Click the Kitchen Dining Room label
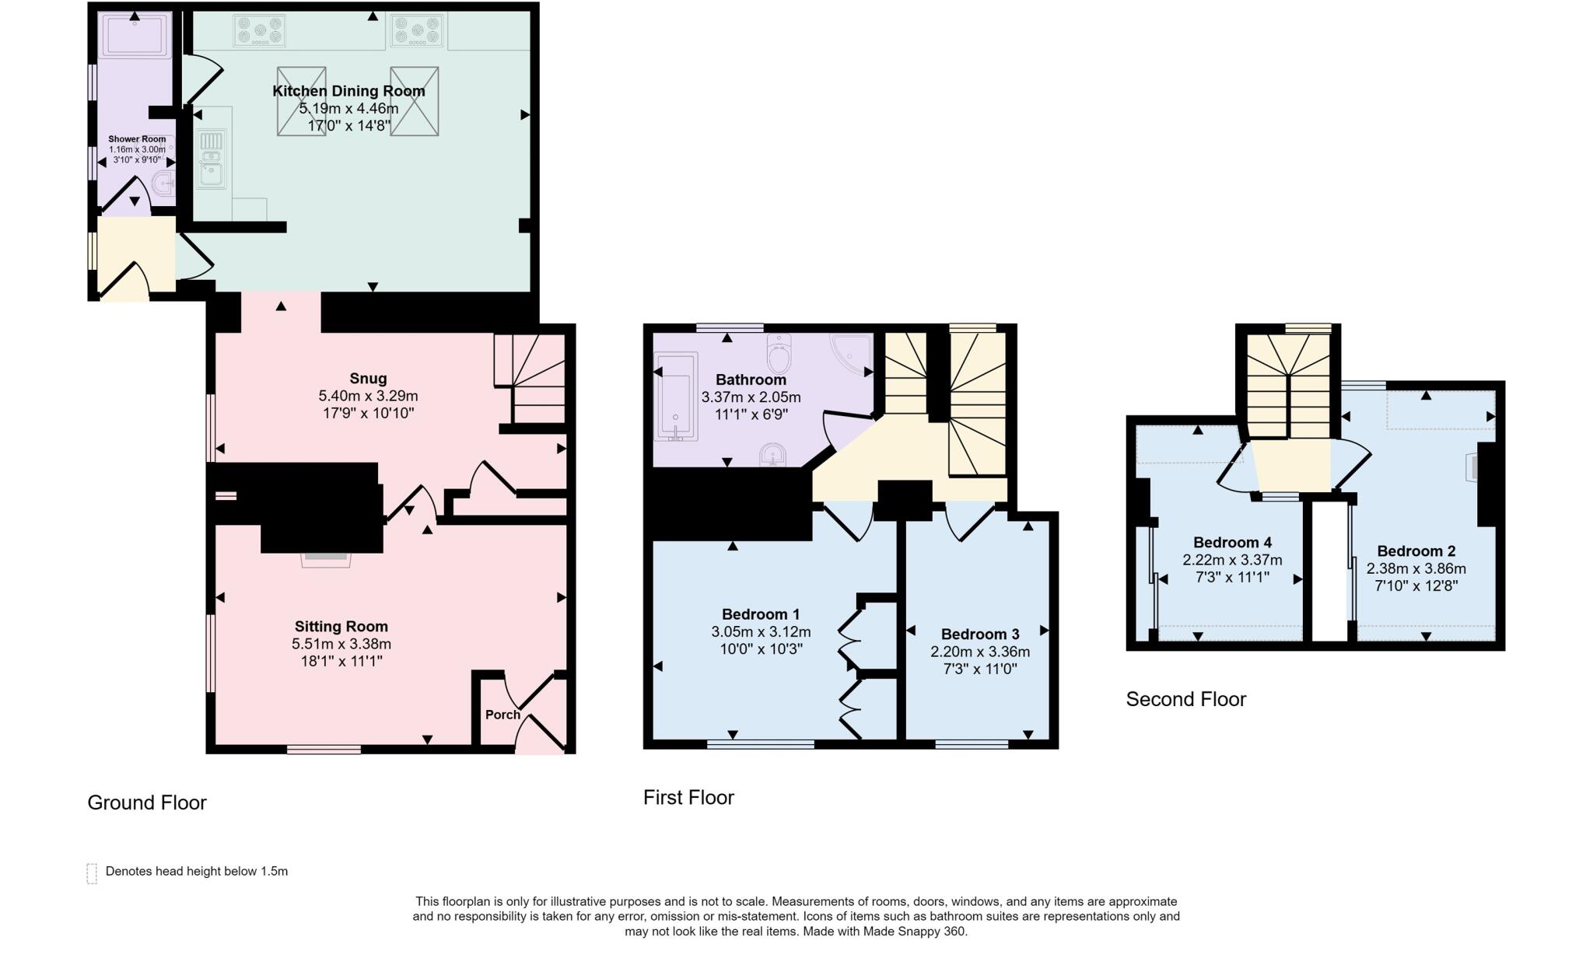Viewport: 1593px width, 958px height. click(x=348, y=91)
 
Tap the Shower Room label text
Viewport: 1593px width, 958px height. click(x=137, y=139)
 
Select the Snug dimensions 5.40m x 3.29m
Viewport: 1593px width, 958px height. click(x=368, y=396)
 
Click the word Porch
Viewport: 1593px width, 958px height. click(x=502, y=715)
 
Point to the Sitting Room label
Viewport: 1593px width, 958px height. click(x=341, y=626)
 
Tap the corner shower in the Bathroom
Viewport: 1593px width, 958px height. click(x=852, y=354)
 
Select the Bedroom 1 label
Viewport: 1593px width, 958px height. click(x=760, y=614)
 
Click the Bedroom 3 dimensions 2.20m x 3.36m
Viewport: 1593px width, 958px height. click(x=980, y=652)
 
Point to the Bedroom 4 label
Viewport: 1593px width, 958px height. click(x=1232, y=542)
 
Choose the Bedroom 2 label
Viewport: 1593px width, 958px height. click(x=1416, y=551)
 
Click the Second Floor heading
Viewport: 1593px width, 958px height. click(x=1185, y=699)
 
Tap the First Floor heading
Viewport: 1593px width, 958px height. click(x=688, y=797)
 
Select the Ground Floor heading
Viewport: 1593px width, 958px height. click(x=146, y=802)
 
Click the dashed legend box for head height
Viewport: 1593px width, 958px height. click(x=92, y=873)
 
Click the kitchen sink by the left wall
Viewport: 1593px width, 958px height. click(x=212, y=160)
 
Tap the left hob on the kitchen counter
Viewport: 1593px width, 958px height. click(x=259, y=31)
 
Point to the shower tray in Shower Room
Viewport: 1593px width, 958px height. click(x=135, y=36)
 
